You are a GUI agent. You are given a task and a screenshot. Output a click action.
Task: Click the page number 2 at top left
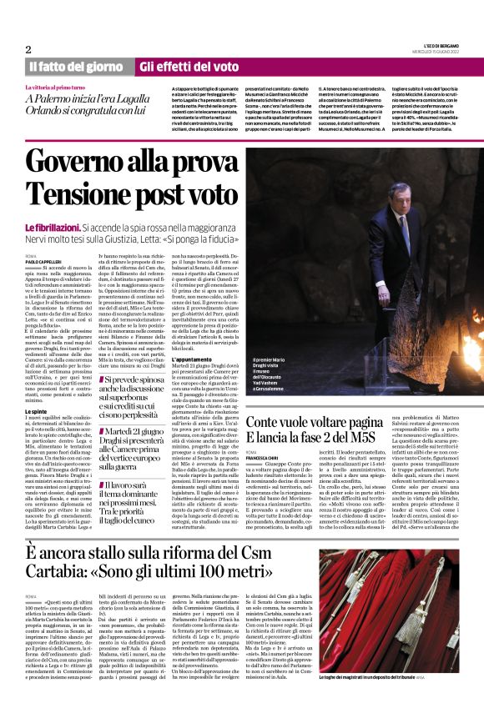coord(28,49)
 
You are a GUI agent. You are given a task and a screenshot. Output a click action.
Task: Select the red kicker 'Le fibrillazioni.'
coord(52,227)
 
